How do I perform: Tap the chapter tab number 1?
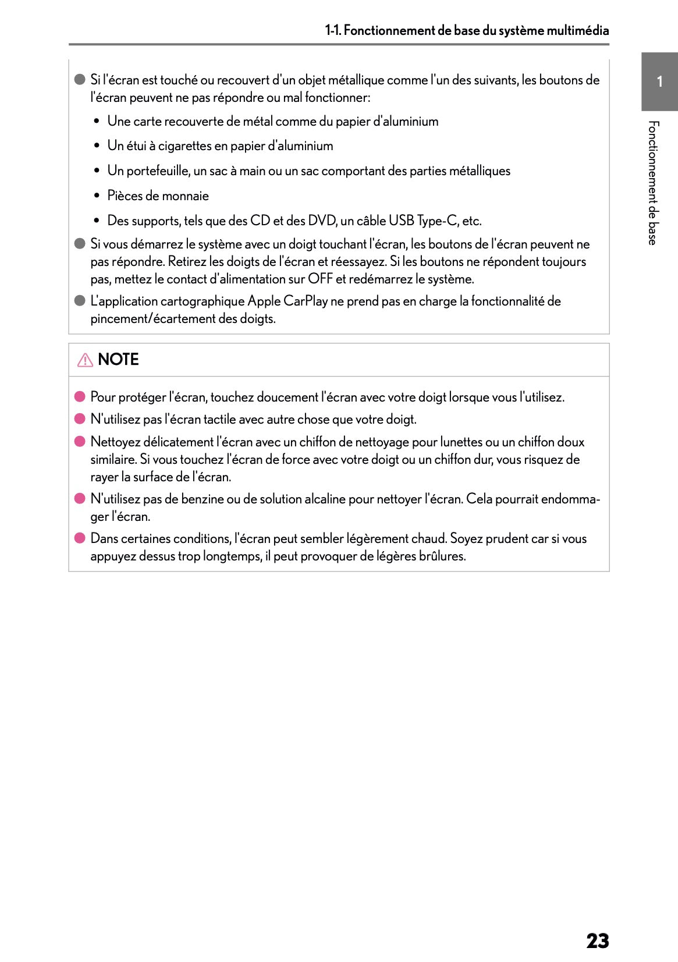(659, 81)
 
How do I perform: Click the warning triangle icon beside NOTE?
(85, 360)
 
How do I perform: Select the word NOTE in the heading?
(118, 360)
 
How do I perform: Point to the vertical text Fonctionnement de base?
(654, 183)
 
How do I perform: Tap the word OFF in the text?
(320, 279)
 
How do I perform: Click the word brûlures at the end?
(442, 556)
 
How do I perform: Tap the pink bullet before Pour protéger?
(80, 397)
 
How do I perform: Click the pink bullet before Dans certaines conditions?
(80, 538)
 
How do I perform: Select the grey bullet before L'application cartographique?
(80, 301)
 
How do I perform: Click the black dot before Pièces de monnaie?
(97, 196)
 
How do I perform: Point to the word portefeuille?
(158, 171)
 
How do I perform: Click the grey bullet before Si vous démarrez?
(80, 244)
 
